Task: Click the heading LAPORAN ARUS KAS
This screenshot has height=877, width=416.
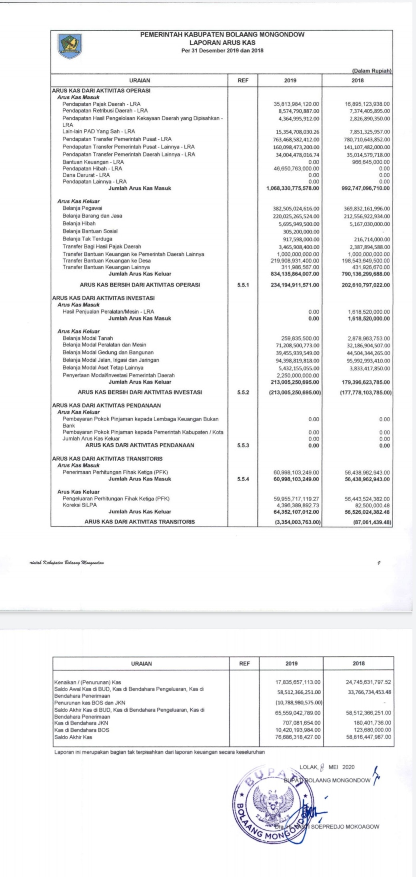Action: click(222, 42)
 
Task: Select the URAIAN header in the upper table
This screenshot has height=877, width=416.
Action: click(140, 80)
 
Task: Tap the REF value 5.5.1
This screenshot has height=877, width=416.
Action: click(243, 285)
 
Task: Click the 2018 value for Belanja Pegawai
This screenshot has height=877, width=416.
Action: click(367, 208)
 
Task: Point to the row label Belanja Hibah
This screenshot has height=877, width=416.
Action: click(79, 224)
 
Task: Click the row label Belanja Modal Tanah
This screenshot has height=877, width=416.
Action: click(88, 338)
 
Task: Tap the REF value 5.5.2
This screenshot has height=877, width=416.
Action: click(243, 392)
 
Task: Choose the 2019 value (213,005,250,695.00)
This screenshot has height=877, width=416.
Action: click(295, 392)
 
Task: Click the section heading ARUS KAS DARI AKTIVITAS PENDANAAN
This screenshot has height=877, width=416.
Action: click(106, 405)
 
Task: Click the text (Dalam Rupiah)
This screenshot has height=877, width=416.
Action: click(371, 71)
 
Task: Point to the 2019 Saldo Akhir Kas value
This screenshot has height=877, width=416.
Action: click(298, 737)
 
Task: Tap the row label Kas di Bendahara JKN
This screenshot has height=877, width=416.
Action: click(81, 723)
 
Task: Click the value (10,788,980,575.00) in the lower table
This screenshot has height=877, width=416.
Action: click(299, 703)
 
